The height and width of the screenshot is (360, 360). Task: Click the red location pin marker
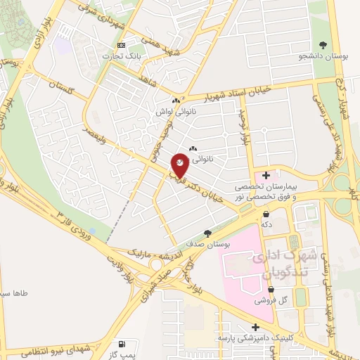[x=180, y=165]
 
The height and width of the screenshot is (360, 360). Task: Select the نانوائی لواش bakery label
[x=172, y=111]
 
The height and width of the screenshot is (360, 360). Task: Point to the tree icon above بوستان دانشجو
[x=323, y=44]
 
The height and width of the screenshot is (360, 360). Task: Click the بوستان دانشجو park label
[x=323, y=55]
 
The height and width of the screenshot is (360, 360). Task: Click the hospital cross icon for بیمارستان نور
[x=266, y=174]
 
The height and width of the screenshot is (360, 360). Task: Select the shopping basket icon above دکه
[x=266, y=213]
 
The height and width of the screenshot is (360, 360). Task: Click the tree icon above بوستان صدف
[x=207, y=232]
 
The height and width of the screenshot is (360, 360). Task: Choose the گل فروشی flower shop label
[x=266, y=299]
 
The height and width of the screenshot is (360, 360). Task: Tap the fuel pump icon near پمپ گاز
[x=123, y=345]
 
